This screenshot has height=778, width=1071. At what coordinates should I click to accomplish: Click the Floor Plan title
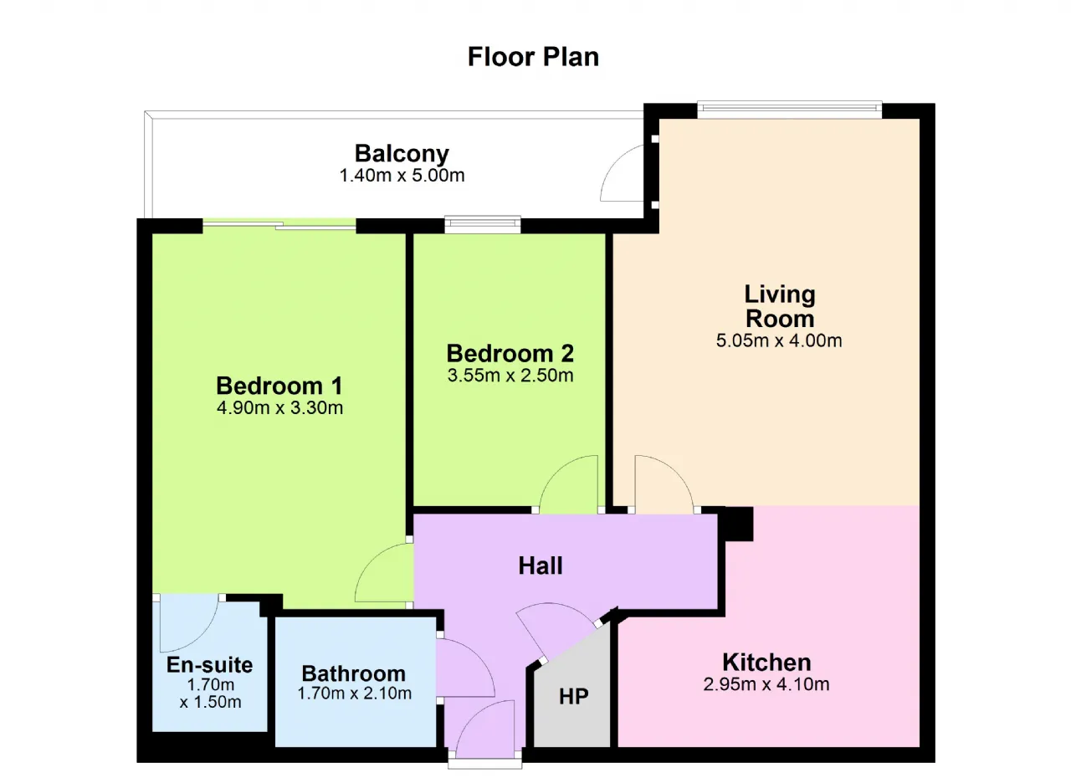point(533,57)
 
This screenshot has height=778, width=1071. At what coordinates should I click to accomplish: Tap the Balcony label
point(402,153)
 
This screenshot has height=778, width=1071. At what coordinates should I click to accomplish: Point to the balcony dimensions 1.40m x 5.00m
point(402,176)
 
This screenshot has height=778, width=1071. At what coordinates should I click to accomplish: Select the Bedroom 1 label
point(279,386)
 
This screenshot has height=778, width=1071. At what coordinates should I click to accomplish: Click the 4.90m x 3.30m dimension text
point(279,407)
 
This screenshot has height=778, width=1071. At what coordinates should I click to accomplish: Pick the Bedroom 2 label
point(510,354)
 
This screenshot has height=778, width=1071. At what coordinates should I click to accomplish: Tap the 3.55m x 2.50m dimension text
point(510,375)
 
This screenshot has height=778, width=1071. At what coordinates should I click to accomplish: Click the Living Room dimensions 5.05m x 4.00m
point(779,340)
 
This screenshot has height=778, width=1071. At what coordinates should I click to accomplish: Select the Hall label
point(541,566)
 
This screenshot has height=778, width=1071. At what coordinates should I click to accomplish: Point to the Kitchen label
point(766,663)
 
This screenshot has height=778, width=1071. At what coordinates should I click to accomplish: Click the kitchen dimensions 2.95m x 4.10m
point(766,684)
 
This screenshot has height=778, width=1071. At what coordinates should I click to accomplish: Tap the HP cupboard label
point(573,697)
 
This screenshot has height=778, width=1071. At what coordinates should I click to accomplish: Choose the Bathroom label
point(353,673)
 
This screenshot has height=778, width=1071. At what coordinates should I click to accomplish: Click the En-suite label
point(209,665)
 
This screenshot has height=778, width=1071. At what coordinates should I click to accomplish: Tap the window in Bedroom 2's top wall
point(483,224)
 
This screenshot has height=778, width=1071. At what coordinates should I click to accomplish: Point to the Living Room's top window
point(789,110)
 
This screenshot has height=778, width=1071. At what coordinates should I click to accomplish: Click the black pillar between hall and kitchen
point(735,524)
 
